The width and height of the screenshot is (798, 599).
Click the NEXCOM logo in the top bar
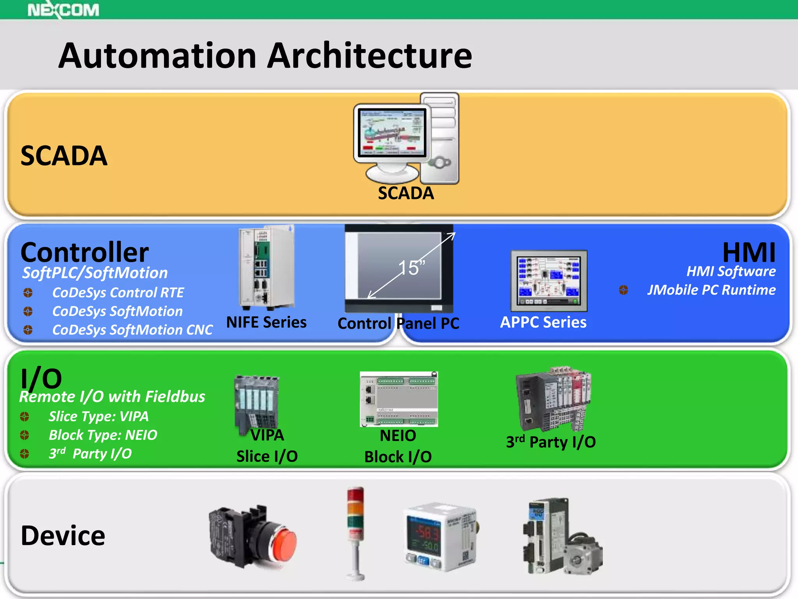click(63, 10)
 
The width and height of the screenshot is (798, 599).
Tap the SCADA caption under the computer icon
click(406, 193)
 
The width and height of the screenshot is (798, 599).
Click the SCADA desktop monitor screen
click(392, 133)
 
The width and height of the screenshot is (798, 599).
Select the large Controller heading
click(85, 252)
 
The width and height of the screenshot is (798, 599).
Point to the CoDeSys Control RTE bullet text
click(118, 292)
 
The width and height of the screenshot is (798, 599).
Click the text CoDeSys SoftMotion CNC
click(132, 330)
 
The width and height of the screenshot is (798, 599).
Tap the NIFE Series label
click(267, 323)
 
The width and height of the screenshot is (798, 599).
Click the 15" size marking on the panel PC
click(411, 268)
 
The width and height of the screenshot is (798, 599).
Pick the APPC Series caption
click(543, 323)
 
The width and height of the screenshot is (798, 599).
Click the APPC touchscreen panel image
click(549, 281)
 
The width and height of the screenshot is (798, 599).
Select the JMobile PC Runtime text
click(711, 290)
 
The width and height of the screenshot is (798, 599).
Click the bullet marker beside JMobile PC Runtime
click(623, 290)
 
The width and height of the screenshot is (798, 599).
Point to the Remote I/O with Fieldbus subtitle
click(112, 397)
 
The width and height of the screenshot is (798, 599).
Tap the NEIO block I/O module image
click(399, 399)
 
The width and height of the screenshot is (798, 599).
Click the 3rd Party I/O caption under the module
click(551, 442)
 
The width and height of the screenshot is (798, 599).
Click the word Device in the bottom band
click(63, 536)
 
